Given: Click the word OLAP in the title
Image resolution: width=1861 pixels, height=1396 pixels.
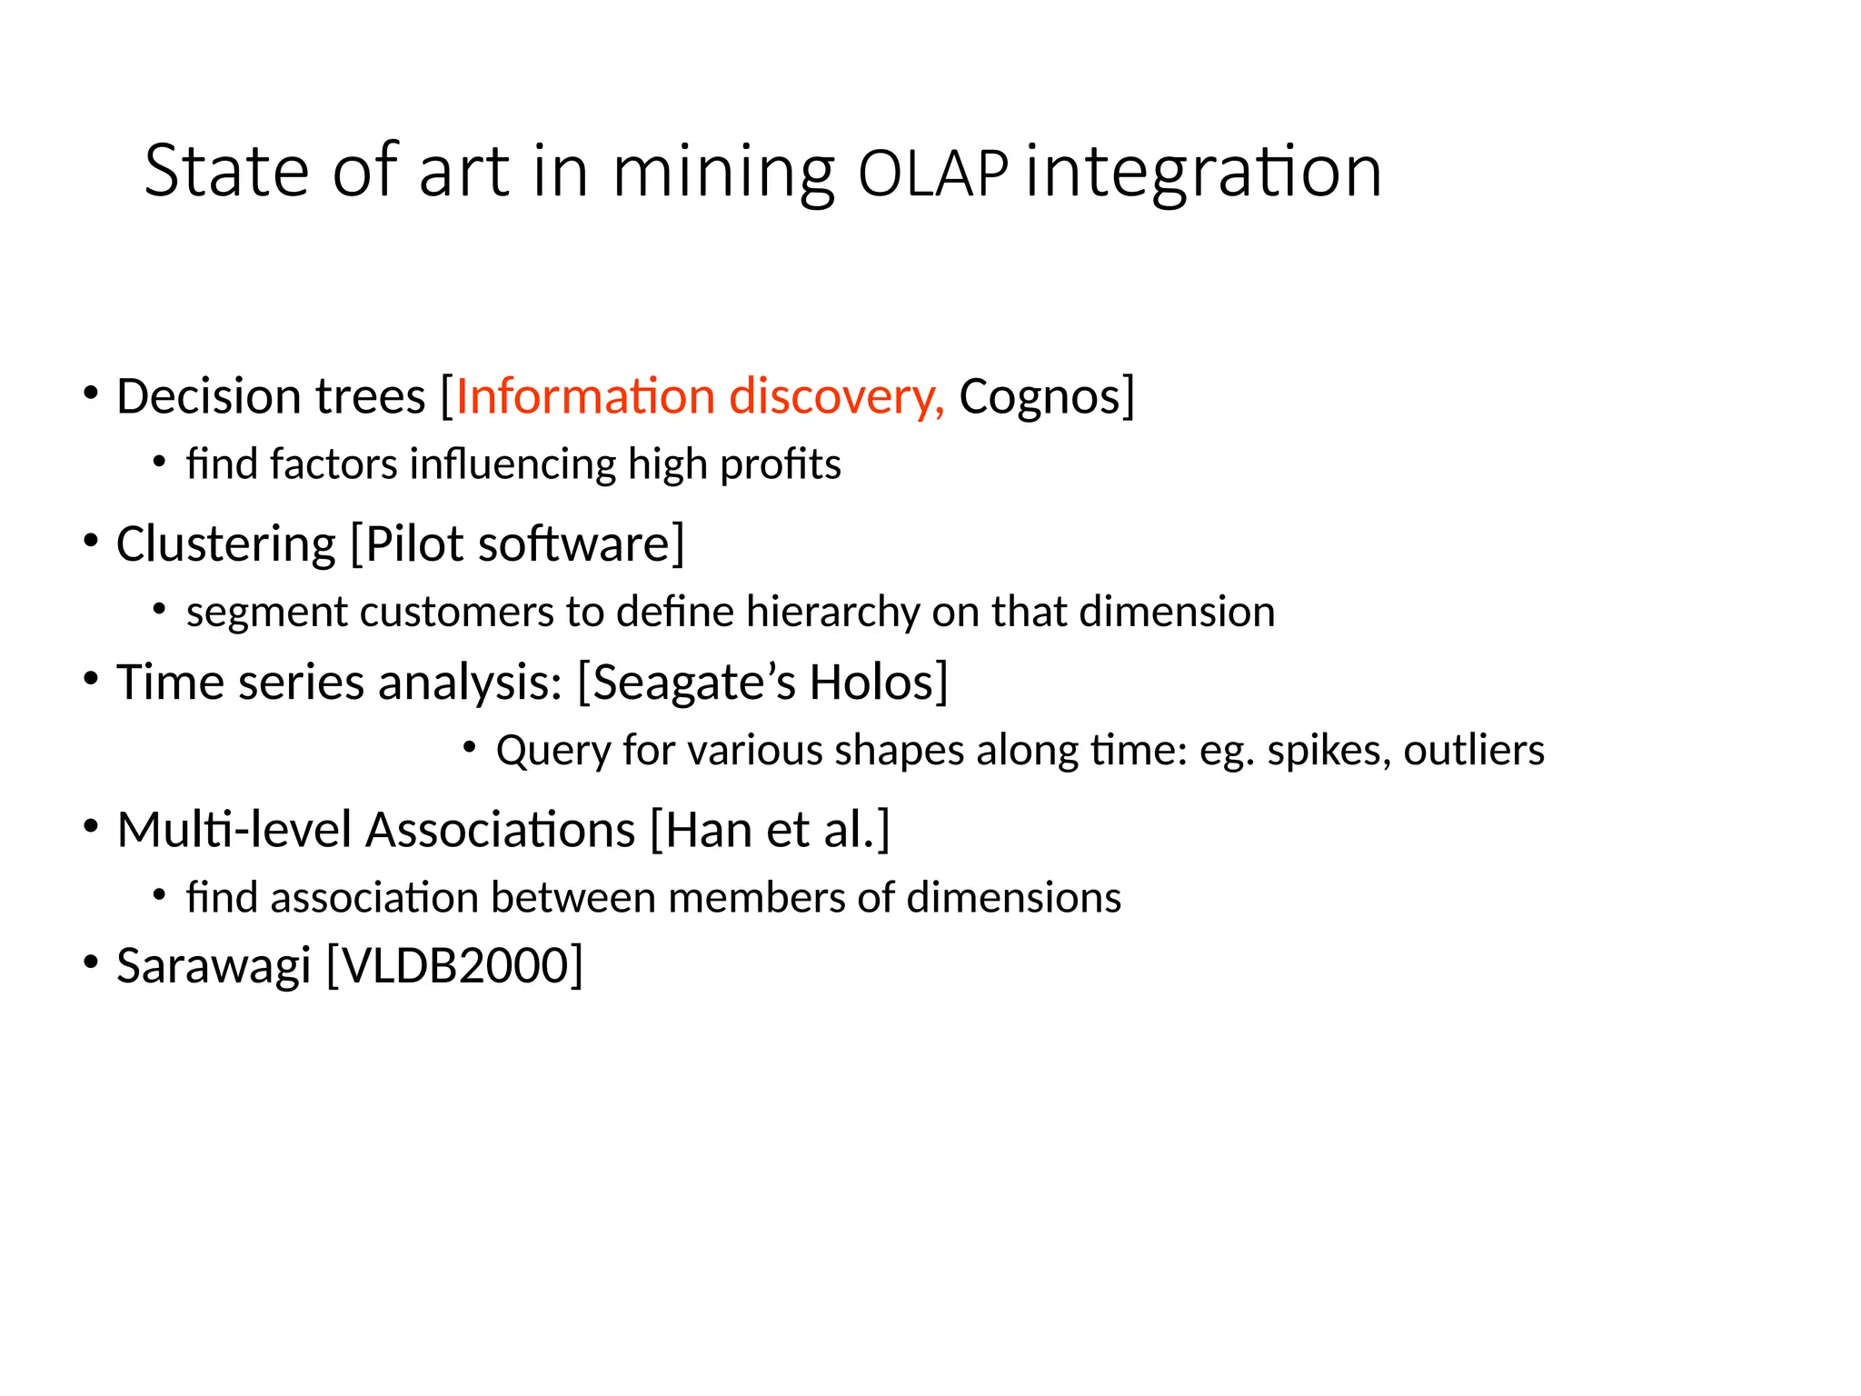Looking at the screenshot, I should pyautogui.click(x=932, y=174).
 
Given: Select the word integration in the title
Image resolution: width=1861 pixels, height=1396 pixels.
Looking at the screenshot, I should pyautogui.click(x=1204, y=173).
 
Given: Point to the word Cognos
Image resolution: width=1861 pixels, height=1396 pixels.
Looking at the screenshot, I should pyautogui.click(x=1040, y=397).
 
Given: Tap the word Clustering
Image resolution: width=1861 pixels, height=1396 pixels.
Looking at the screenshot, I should pyautogui.click(x=225, y=545).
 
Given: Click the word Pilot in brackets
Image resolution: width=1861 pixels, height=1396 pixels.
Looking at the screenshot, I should pyautogui.click(x=414, y=544).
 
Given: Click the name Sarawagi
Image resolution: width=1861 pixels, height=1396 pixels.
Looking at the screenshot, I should pyautogui.click(x=214, y=966).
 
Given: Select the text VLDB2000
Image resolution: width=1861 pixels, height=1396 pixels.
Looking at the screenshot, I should pyautogui.click(x=454, y=965).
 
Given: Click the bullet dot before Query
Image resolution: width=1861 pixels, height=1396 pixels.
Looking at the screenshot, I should pyautogui.click(x=469, y=747).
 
